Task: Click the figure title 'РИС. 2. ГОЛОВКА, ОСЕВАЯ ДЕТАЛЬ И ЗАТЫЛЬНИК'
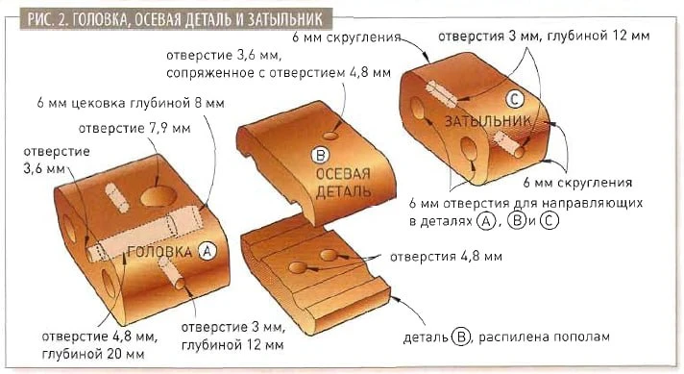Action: [176, 19]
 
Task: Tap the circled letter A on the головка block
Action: [207, 251]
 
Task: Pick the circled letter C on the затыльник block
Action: [514, 99]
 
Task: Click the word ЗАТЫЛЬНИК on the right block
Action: [488, 121]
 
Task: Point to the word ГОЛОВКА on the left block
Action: [160, 252]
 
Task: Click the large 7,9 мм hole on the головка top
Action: [159, 195]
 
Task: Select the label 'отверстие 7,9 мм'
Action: [134, 128]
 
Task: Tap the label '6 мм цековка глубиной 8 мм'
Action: [131, 103]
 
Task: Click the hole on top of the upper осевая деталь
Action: [330, 136]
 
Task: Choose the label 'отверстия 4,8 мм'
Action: [446, 256]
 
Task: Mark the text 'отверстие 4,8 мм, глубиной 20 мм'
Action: [100, 345]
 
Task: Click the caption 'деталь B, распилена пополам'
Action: [506, 337]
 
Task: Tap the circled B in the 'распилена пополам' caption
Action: [461, 337]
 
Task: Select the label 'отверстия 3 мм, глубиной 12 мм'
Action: [544, 36]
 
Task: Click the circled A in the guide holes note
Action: [485, 221]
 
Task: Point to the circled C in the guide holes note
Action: [549, 221]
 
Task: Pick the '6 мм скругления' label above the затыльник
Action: [347, 37]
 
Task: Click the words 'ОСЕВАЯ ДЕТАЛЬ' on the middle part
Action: [343, 183]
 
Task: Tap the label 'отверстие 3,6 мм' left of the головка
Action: [57, 160]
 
